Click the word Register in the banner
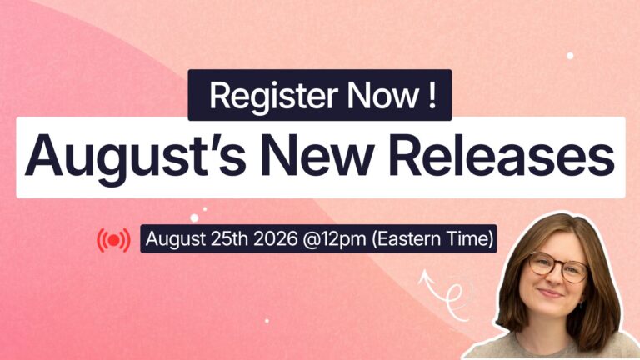click(x=273, y=97)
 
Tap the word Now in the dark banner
click(x=382, y=96)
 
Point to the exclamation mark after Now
click(x=432, y=96)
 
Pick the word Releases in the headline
click(x=502, y=155)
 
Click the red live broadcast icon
click(x=114, y=240)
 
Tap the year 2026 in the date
click(x=276, y=239)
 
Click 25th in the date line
click(x=229, y=239)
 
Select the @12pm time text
click(x=334, y=239)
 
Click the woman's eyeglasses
click(x=557, y=267)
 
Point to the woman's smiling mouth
click(x=551, y=293)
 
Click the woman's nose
click(x=554, y=278)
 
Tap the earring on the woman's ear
click(x=581, y=304)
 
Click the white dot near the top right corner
click(x=570, y=56)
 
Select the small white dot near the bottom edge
click(x=267, y=321)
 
